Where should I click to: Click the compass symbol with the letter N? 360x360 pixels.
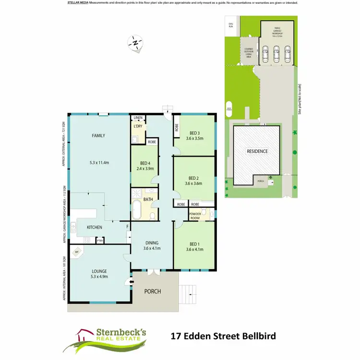coord(135,43)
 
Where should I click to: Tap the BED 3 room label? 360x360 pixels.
coord(194,133)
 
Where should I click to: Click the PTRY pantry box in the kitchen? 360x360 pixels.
coord(99,240)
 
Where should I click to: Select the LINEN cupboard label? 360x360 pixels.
coord(138,117)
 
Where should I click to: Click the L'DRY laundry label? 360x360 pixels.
coord(138,126)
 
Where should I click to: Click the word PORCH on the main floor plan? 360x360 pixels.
coord(153,291)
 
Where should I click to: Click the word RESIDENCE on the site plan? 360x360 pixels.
coord(257,151)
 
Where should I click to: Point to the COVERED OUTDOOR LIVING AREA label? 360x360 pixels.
coord(248,53)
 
